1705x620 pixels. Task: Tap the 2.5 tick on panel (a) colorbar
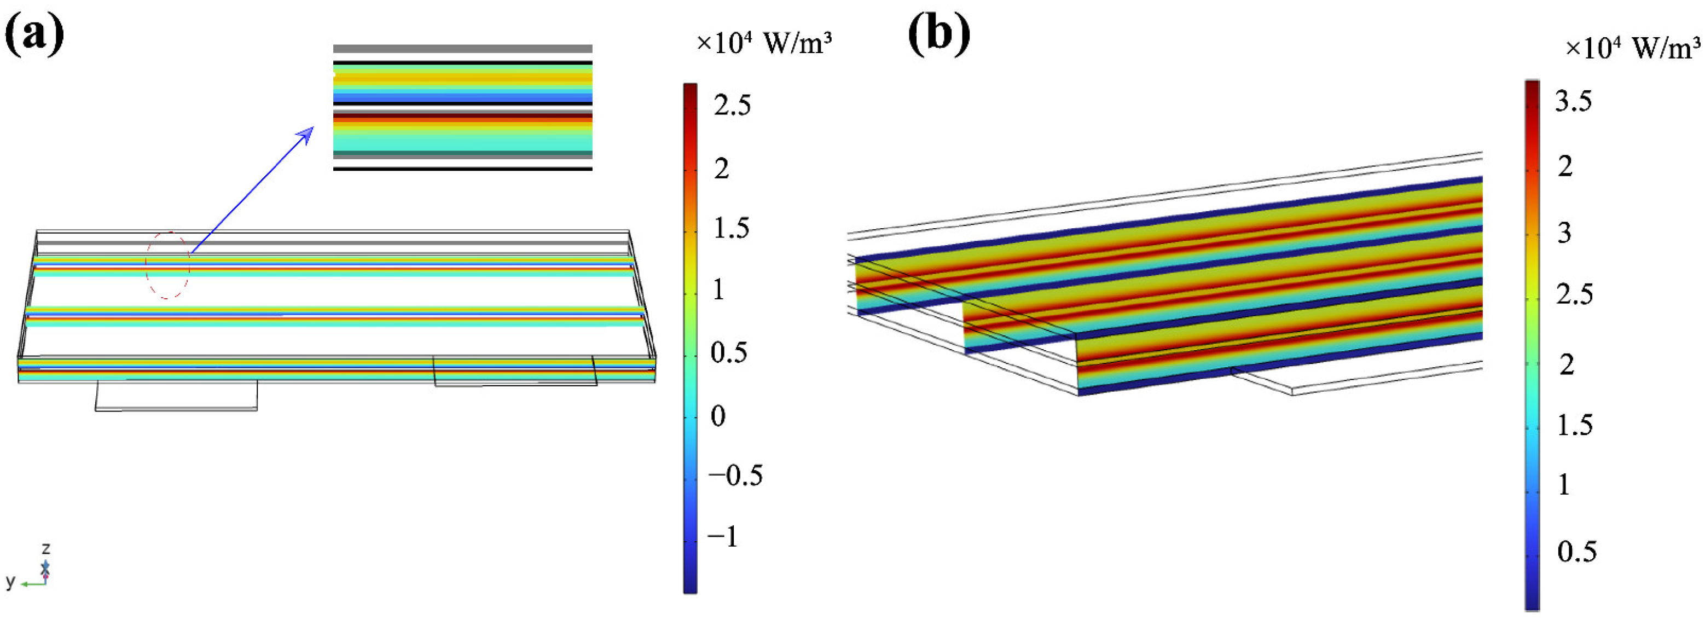[732, 105]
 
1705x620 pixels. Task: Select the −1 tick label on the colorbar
[723, 536]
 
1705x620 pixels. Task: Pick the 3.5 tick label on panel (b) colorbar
[1574, 101]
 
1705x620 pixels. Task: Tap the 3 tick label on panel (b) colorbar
[1564, 233]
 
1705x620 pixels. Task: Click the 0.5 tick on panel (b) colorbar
[1576, 551]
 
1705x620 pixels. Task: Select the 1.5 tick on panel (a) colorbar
[732, 228]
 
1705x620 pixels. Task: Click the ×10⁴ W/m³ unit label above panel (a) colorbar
[764, 43]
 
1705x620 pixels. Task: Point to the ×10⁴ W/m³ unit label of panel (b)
[1632, 48]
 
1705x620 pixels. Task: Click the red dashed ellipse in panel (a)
[167, 265]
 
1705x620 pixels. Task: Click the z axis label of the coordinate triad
[45, 548]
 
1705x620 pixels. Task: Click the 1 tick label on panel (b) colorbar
[1563, 485]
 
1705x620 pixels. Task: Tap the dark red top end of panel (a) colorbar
[689, 89]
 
